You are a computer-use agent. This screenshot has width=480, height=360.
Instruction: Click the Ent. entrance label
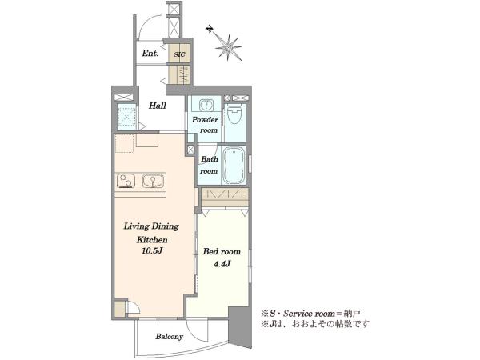(x=150, y=54)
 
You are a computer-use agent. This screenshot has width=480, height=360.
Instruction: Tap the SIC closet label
(x=179, y=54)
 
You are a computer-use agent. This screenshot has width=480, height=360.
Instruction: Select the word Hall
(x=158, y=106)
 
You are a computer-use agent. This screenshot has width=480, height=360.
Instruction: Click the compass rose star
(x=228, y=47)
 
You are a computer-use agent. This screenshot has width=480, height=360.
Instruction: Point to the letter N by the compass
(x=210, y=29)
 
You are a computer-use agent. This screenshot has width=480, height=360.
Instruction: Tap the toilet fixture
(x=235, y=114)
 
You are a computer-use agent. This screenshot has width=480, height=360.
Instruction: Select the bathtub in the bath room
(x=234, y=166)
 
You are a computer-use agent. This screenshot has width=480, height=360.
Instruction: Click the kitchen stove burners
(x=126, y=181)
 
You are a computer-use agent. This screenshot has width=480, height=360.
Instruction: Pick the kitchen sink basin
(x=153, y=182)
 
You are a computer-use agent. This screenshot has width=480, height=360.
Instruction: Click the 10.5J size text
(x=151, y=251)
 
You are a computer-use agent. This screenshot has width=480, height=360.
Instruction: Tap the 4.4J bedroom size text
(x=222, y=264)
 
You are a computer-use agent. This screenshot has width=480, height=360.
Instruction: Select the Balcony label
(x=170, y=337)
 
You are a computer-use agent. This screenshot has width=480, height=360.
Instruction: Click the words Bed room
(x=222, y=252)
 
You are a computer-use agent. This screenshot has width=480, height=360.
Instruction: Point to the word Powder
(x=205, y=120)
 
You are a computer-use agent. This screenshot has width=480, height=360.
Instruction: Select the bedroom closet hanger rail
(x=225, y=194)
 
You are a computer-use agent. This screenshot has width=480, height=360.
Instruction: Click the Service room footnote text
(x=310, y=314)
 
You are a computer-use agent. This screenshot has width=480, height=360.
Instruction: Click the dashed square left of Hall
(x=126, y=116)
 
